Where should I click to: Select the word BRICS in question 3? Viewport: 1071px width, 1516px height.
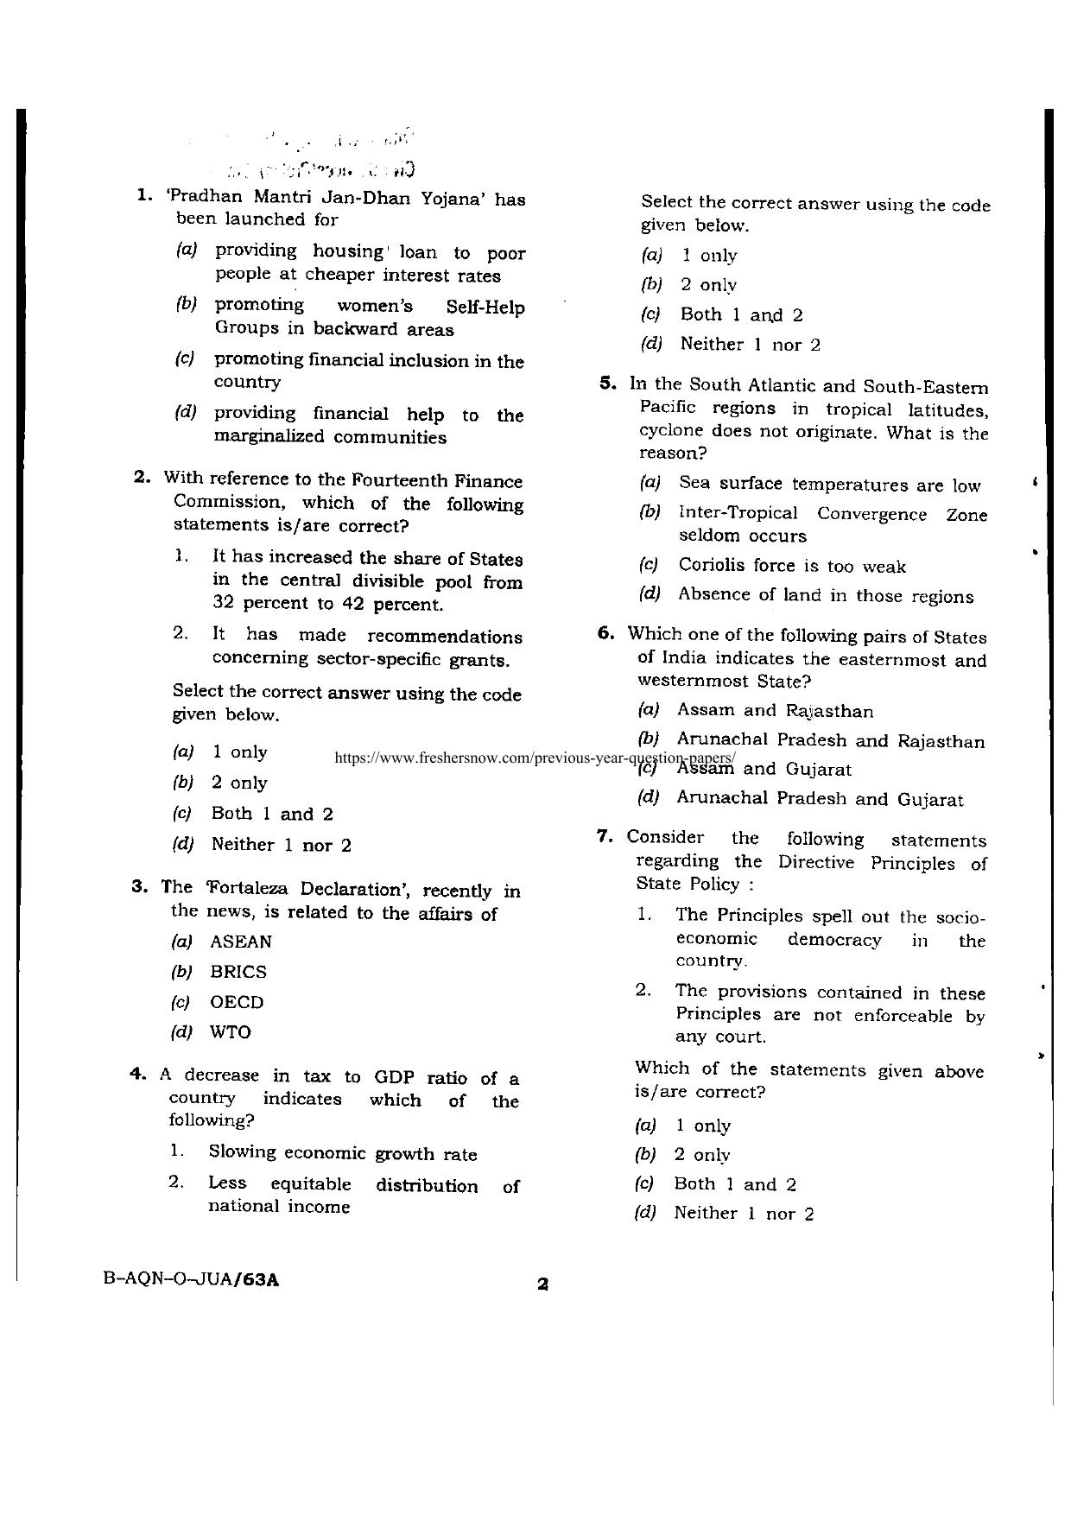(238, 972)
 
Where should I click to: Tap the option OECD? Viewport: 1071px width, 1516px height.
(237, 1002)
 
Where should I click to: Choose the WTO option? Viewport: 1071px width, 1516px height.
(231, 1032)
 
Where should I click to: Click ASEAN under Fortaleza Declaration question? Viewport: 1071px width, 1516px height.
(241, 942)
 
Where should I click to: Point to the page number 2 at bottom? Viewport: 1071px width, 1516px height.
(542, 1284)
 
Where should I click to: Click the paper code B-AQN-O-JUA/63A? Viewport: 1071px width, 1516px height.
(191, 1280)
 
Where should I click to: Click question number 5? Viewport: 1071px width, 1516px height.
(606, 384)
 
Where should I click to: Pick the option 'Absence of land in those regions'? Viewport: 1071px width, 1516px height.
(825, 596)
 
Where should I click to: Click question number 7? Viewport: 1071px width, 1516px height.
(605, 836)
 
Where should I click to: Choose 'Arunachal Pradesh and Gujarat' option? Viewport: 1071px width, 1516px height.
(819, 799)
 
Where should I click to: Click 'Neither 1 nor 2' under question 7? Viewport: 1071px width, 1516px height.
(743, 1214)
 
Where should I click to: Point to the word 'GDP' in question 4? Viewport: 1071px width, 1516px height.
(396, 1077)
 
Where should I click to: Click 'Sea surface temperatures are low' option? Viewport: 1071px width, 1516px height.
(829, 485)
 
